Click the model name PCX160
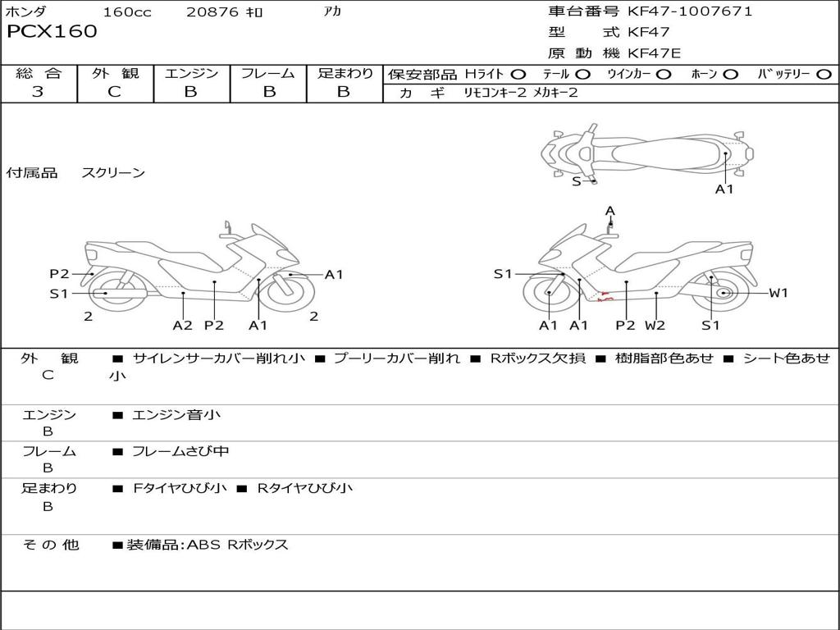click(52, 31)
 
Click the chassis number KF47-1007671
click(690, 11)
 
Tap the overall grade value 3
click(38, 91)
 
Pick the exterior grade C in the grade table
click(114, 91)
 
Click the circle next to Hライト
click(518, 75)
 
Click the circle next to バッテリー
click(824, 75)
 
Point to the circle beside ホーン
click(731, 75)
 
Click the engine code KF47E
click(654, 53)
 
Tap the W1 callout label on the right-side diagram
click(778, 293)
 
